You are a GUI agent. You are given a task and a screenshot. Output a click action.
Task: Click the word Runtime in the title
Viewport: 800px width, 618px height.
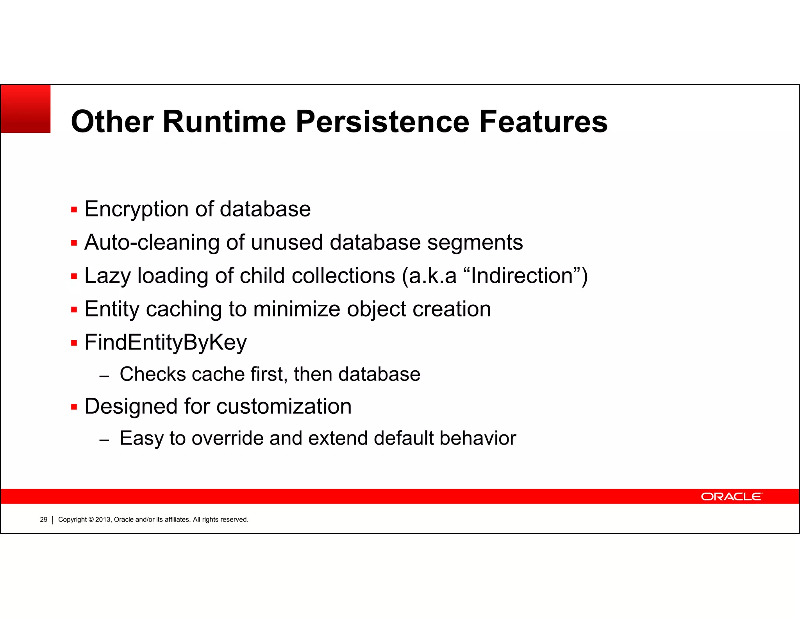pyautogui.click(x=224, y=121)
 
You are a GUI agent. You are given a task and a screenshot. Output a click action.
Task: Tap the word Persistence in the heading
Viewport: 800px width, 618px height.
pyautogui.click(x=382, y=121)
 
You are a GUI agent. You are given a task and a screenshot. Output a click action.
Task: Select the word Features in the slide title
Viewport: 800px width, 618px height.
pyautogui.click(x=543, y=121)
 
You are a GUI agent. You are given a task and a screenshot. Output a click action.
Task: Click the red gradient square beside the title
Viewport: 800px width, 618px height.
pyautogui.click(x=26, y=109)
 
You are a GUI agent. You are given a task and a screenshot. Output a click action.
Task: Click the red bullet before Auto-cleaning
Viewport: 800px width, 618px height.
pyautogui.click(x=74, y=243)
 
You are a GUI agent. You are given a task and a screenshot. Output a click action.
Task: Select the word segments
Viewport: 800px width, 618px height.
pyautogui.click(x=475, y=243)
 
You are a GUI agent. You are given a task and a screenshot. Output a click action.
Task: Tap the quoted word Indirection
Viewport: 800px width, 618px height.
pyautogui.click(x=522, y=276)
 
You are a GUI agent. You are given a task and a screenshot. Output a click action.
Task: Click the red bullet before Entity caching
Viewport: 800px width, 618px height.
pyautogui.click(x=74, y=310)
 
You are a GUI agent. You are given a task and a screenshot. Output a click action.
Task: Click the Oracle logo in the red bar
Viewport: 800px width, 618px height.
pyautogui.click(x=731, y=497)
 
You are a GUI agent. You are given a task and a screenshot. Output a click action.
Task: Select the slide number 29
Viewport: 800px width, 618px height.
pyautogui.click(x=43, y=520)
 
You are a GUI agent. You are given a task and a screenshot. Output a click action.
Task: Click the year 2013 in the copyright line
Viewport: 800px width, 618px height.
pyautogui.click(x=103, y=520)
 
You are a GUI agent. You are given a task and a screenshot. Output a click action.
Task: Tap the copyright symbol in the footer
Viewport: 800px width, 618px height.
pyautogui.click(x=91, y=520)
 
